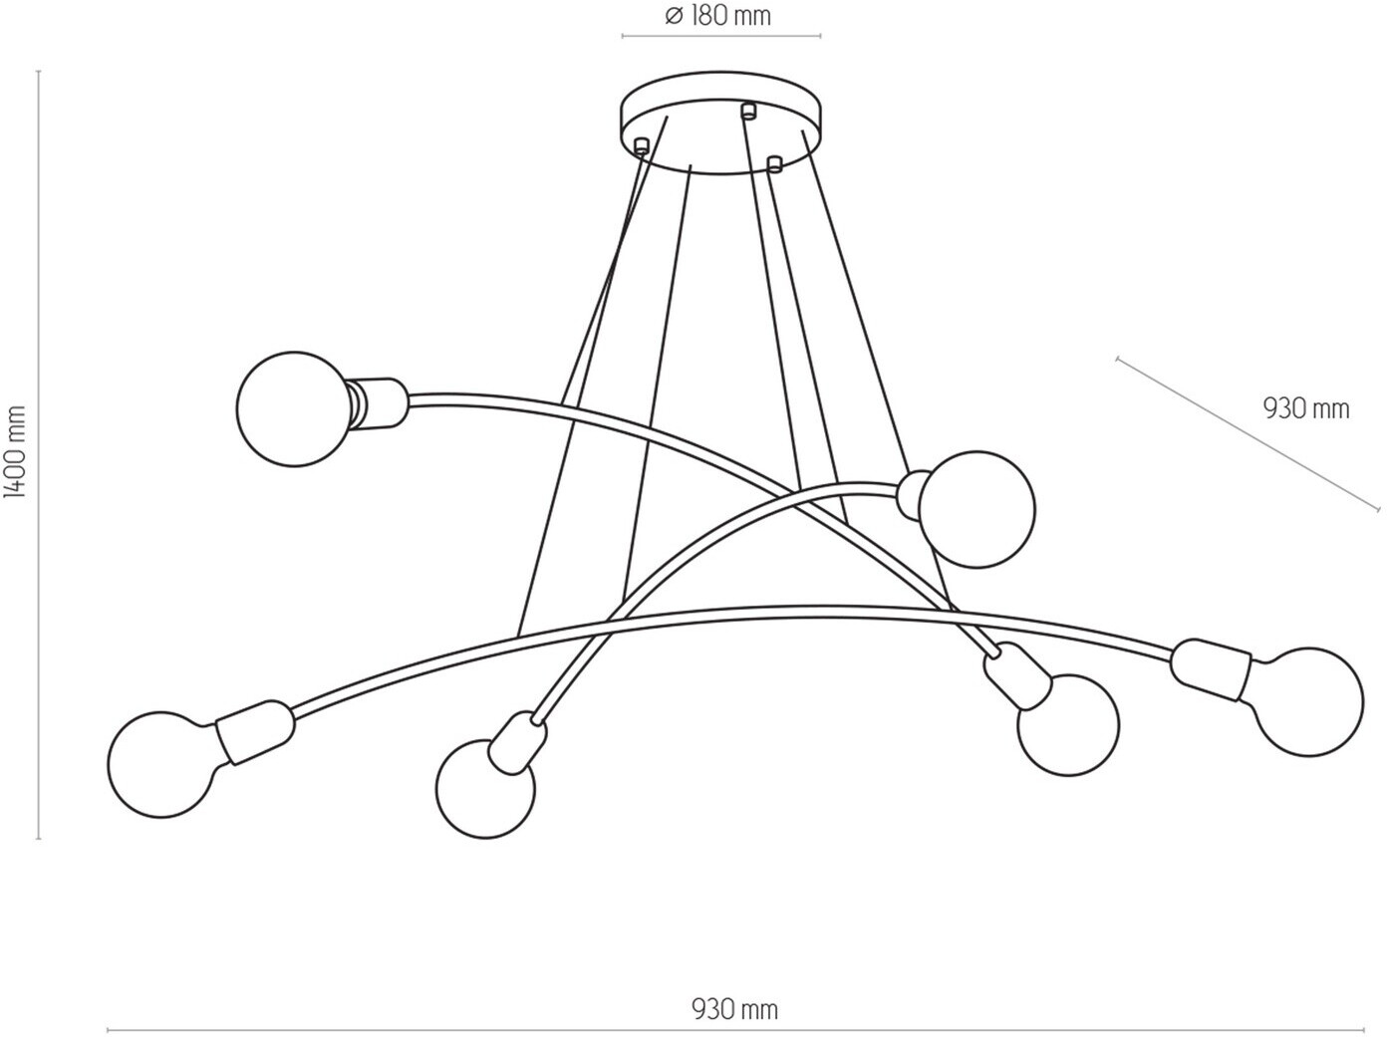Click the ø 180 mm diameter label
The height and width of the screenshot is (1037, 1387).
pyautogui.click(x=719, y=16)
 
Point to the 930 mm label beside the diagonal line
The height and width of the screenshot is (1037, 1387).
pyautogui.click(x=1305, y=408)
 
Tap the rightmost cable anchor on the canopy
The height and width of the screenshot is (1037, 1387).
pyautogui.click(x=773, y=161)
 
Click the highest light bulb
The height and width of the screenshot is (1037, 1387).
pyautogui.click(x=294, y=408)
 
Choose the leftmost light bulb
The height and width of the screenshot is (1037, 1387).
pyautogui.click(x=162, y=764)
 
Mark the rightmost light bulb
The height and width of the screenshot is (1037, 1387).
pyautogui.click(x=1308, y=701)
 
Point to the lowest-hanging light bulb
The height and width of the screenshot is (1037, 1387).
pyautogui.click(x=485, y=788)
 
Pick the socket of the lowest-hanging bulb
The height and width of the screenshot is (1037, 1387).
pyautogui.click(x=518, y=742)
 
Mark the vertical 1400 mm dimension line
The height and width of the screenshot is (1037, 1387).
pyautogui.click(x=39, y=454)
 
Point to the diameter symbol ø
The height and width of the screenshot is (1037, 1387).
pyautogui.click(x=673, y=16)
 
